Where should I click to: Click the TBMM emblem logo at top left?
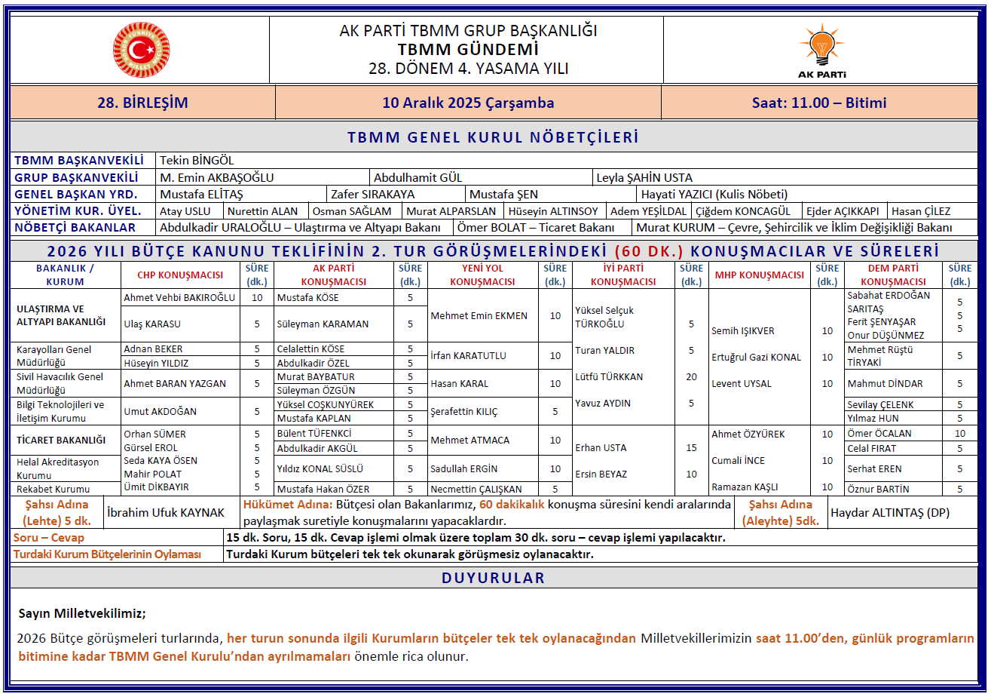coord(141,50)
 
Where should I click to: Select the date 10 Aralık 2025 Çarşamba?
coord(468,103)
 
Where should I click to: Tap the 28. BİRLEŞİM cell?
coord(142,103)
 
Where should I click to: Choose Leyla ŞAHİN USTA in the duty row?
coord(644,178)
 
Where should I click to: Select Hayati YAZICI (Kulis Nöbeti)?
coord(714,195)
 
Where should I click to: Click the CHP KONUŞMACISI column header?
coord(179,275)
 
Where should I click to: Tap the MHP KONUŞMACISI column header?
coord(759,275)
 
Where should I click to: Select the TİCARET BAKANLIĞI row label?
coord(61,440)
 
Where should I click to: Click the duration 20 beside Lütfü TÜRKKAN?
coord(691,377)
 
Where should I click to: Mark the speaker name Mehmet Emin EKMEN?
coord(479,316)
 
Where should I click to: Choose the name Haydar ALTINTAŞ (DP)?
coord(889,513)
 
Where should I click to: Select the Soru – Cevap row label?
coord(49,538)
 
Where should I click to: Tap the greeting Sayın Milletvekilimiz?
coord(81,613)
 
